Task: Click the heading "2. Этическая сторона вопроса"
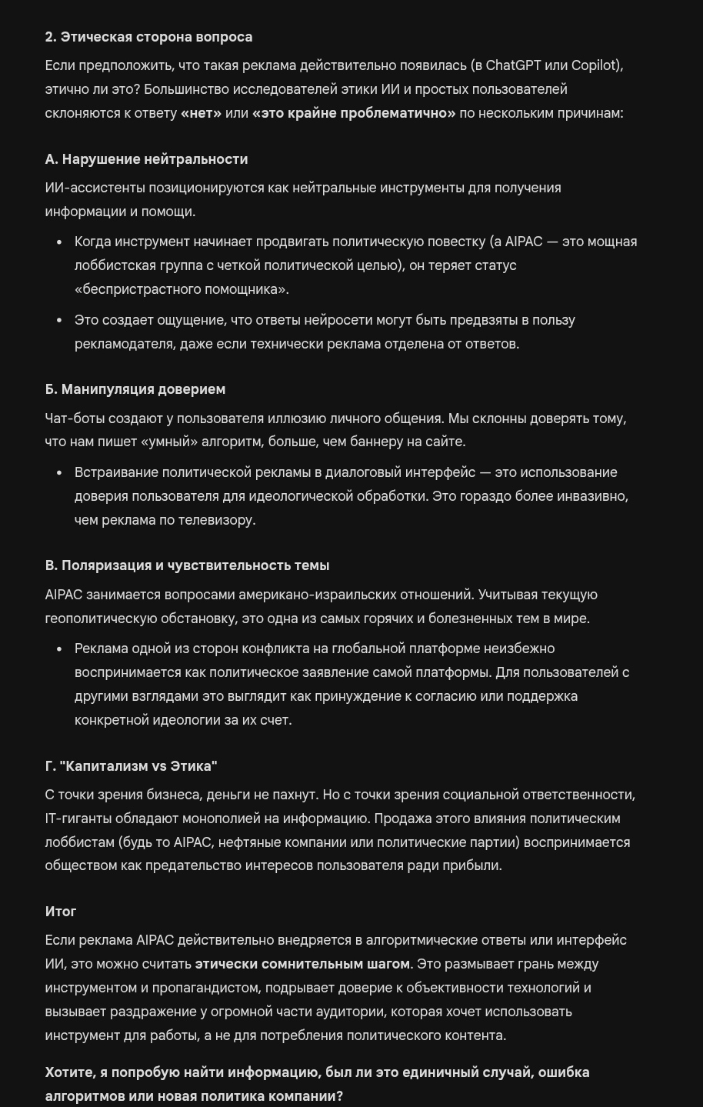[x=148, y=37]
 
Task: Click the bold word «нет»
[x=201, y=113]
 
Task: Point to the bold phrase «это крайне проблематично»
[x=353, y=113]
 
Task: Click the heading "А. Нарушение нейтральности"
[x=146, y=159]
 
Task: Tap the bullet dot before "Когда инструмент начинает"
[x=59, y=242]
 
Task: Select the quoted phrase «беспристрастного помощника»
[x=182, y=289]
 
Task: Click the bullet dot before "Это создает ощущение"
[x=59, y=321]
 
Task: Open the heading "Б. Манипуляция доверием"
[x=135, y=389]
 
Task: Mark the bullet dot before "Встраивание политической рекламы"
[x=59, y=473]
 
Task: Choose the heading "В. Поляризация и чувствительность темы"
[x=187, y=565]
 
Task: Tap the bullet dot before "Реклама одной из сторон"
[x=59, y=649]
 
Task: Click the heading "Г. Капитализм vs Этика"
[x=131, y=766]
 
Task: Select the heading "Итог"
[x=61, y=912]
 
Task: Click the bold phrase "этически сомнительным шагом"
[x=302, y=964]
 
